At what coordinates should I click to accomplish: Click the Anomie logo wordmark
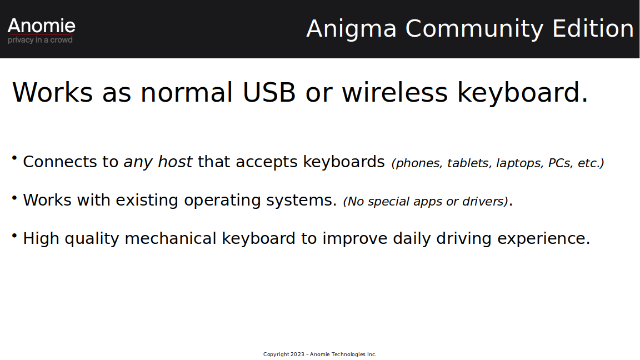(41, 26)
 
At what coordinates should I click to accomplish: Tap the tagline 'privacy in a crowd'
(40, 40)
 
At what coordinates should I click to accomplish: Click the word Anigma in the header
(351, 29)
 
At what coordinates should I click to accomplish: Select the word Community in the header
(474, 29)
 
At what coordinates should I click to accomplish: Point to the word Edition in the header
(593, 28)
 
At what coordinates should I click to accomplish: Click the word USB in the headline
(269, 92)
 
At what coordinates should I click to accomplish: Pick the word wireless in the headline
(394, 92)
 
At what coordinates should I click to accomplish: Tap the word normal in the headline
(187, 92)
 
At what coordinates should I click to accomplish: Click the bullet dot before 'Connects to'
(14, 158)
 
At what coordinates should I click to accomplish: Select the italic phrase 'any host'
(158, 162)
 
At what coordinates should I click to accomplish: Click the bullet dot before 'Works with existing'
(14, 198)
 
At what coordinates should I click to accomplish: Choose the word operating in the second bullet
(222, 201)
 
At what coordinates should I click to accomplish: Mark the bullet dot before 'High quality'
(14, 236)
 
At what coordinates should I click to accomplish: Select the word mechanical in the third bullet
(170, 238)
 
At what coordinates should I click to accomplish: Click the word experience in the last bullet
(544, 239)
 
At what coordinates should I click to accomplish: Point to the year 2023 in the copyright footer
(297, 354)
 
